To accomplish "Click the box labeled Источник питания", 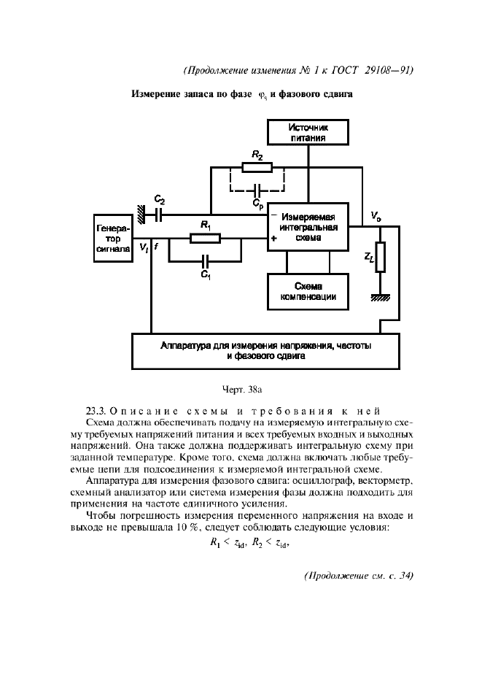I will [x=308, y=132].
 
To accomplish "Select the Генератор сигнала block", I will [x=113, y=238].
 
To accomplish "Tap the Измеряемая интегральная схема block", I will [x=308, y=227].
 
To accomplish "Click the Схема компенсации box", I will [x=308, y=291].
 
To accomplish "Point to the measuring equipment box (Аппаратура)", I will [x=265, y=351].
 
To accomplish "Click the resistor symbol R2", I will [x=257, y=167].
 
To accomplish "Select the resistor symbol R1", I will [x=205, y=238].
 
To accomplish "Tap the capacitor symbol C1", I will [x=205, y=261].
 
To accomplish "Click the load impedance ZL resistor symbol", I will [x=379, y=258].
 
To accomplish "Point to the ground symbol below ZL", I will [x=379, y=296].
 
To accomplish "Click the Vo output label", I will [x=375, y=216].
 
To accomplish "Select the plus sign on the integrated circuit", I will [x=274, y=238].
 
